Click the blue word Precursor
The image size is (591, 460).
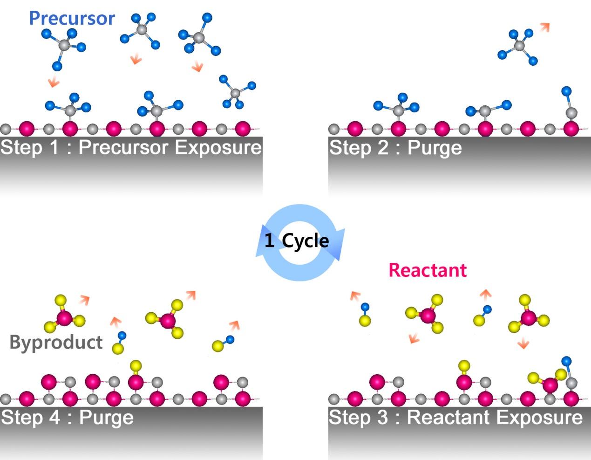[x=72, y=19]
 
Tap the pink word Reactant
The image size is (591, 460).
[x=428, y=270]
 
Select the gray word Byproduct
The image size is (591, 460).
[x=56, y=343]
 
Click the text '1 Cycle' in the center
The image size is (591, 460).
[x=297, y=241]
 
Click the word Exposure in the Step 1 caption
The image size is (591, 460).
[x=218, y=148]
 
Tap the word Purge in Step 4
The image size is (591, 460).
[x=106, y=418]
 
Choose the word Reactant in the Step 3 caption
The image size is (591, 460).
[x=448, y=417]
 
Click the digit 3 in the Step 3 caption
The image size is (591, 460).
[x=383, y=417]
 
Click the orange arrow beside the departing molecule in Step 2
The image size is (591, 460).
[x=545, y=27]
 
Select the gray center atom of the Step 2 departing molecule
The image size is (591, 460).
[x=519, y=46]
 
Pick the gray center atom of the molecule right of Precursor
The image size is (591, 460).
[x=142, y=29]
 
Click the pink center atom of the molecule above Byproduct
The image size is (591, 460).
[x=64, y=318]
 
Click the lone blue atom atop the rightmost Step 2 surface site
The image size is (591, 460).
[x=566, y=91]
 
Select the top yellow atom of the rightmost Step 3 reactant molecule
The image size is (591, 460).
[x=525, y=300]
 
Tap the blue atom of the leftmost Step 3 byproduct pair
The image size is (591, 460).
[x=365, y=307]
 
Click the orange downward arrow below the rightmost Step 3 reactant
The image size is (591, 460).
[x=523, y=343]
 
